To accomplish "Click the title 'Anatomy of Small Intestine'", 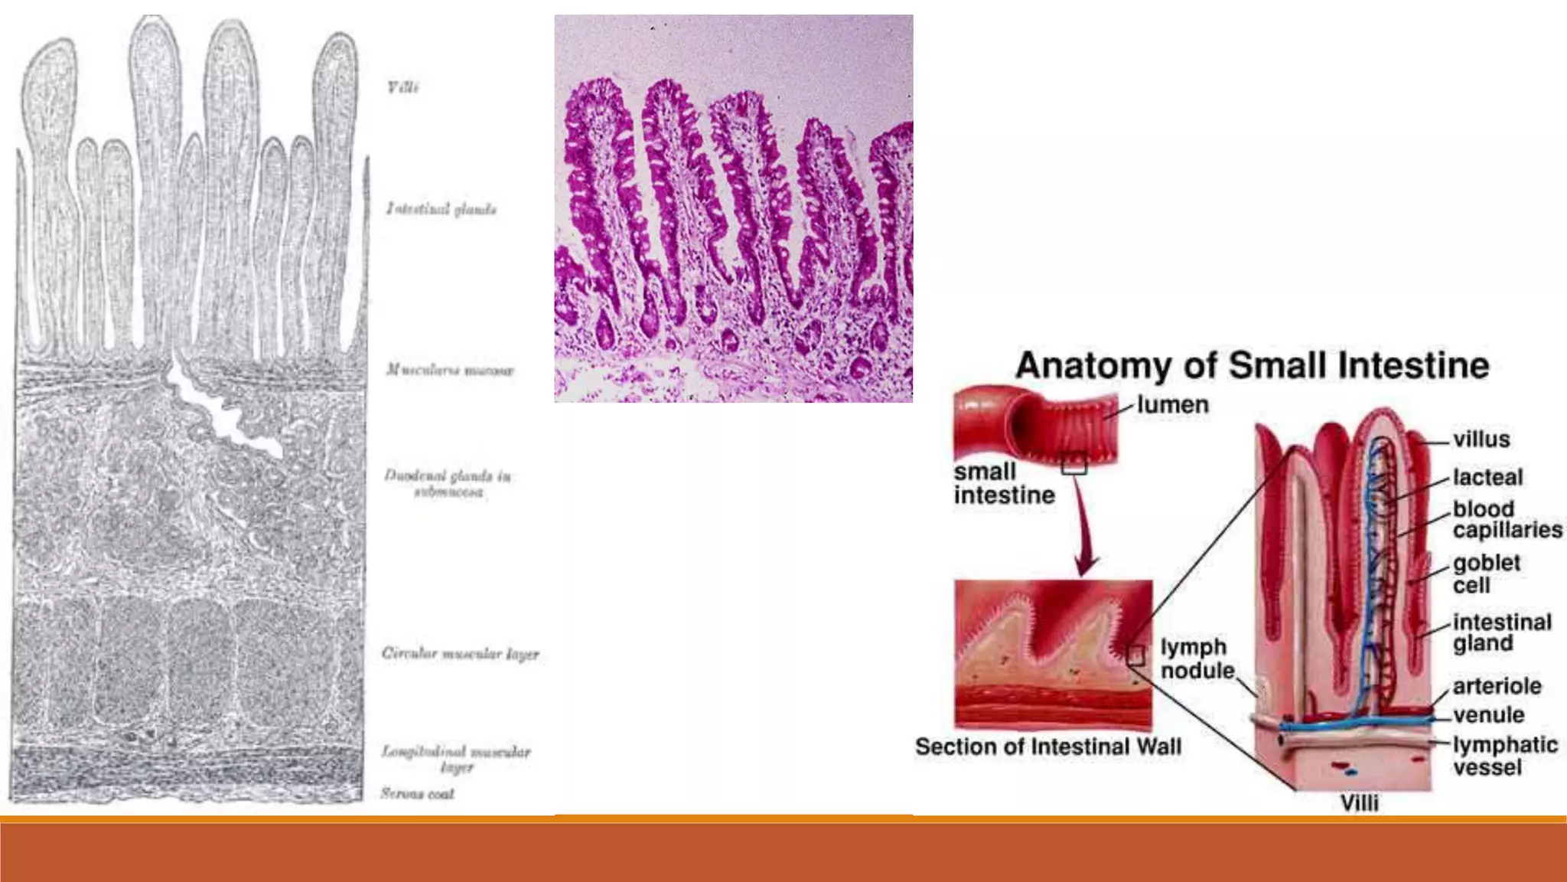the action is [x=1252, y=365].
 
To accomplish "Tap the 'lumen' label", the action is [x=1172, y=404].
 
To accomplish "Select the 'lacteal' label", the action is [x=1487, y=477].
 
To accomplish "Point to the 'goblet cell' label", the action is [x=1486, y=573].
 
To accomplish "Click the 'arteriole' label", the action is [x=1497, y=685].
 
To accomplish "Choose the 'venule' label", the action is [x=1488, y=714].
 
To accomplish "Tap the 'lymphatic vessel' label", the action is [x=1505, y=755].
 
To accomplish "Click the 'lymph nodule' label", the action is [x=1197, y=658].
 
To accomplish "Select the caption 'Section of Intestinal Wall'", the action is [x=1048, y=746].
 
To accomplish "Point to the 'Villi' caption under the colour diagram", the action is [x=1359, y=802].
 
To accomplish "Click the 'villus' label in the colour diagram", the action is [x=1481, y=439].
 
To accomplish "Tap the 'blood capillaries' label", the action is [x=1507, y=519].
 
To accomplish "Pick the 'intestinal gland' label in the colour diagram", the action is [x=1501, y=632].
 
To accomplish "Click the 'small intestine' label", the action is [x=1003, y=483].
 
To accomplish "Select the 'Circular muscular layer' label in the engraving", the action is [x=460, y=654].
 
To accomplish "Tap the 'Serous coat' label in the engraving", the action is [x=417, y=794].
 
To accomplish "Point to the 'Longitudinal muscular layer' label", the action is [x=456, y=759].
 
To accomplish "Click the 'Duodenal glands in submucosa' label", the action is [x=448, y=483].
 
